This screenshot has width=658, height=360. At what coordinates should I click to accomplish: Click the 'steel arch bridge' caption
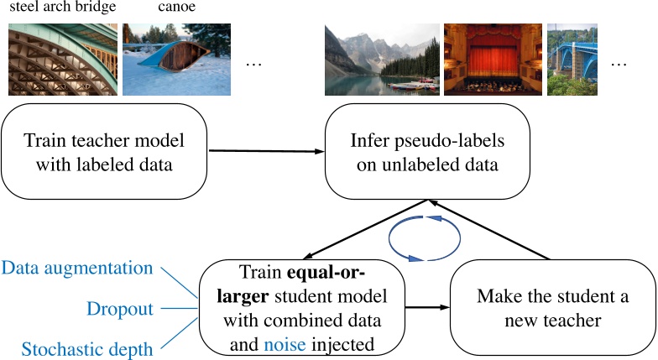(x=62, y=9)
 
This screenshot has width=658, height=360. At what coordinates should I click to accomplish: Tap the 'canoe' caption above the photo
(x=175, y=9)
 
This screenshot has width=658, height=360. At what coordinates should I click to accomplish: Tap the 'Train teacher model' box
(x=104, y=152)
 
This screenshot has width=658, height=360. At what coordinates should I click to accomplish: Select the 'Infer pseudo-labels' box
(x=428, y=152)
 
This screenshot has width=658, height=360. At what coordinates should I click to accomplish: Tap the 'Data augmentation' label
(x=77, y=269)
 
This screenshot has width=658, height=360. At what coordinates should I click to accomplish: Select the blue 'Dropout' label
(x=120, y=309)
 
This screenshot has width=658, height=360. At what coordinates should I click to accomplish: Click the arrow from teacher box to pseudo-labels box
(x=267, y=151)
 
